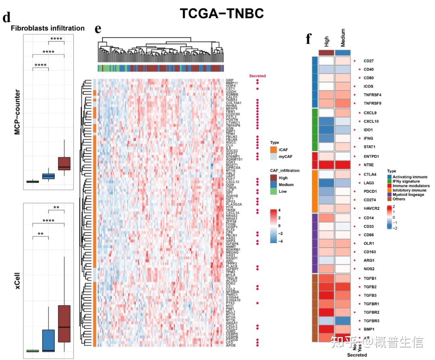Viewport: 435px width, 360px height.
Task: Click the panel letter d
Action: coord(6,17)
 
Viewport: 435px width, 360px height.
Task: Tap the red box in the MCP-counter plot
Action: coord(64,163)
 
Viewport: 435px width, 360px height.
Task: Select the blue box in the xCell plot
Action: coord(48,340)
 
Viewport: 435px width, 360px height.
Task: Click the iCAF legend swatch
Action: coord(273,150)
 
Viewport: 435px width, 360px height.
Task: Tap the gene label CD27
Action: coord(369,61)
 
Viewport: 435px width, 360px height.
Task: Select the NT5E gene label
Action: coord(369,165)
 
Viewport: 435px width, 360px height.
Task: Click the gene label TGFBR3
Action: coord(371,320)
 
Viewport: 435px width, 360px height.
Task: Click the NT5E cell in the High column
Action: coord(326,165)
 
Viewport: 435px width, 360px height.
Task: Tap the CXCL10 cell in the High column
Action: coord(326,121)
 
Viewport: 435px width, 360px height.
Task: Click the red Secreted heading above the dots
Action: coord(257,76)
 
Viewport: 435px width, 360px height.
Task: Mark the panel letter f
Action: coord(309,39)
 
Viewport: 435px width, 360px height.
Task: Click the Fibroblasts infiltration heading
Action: coord(48,28)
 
